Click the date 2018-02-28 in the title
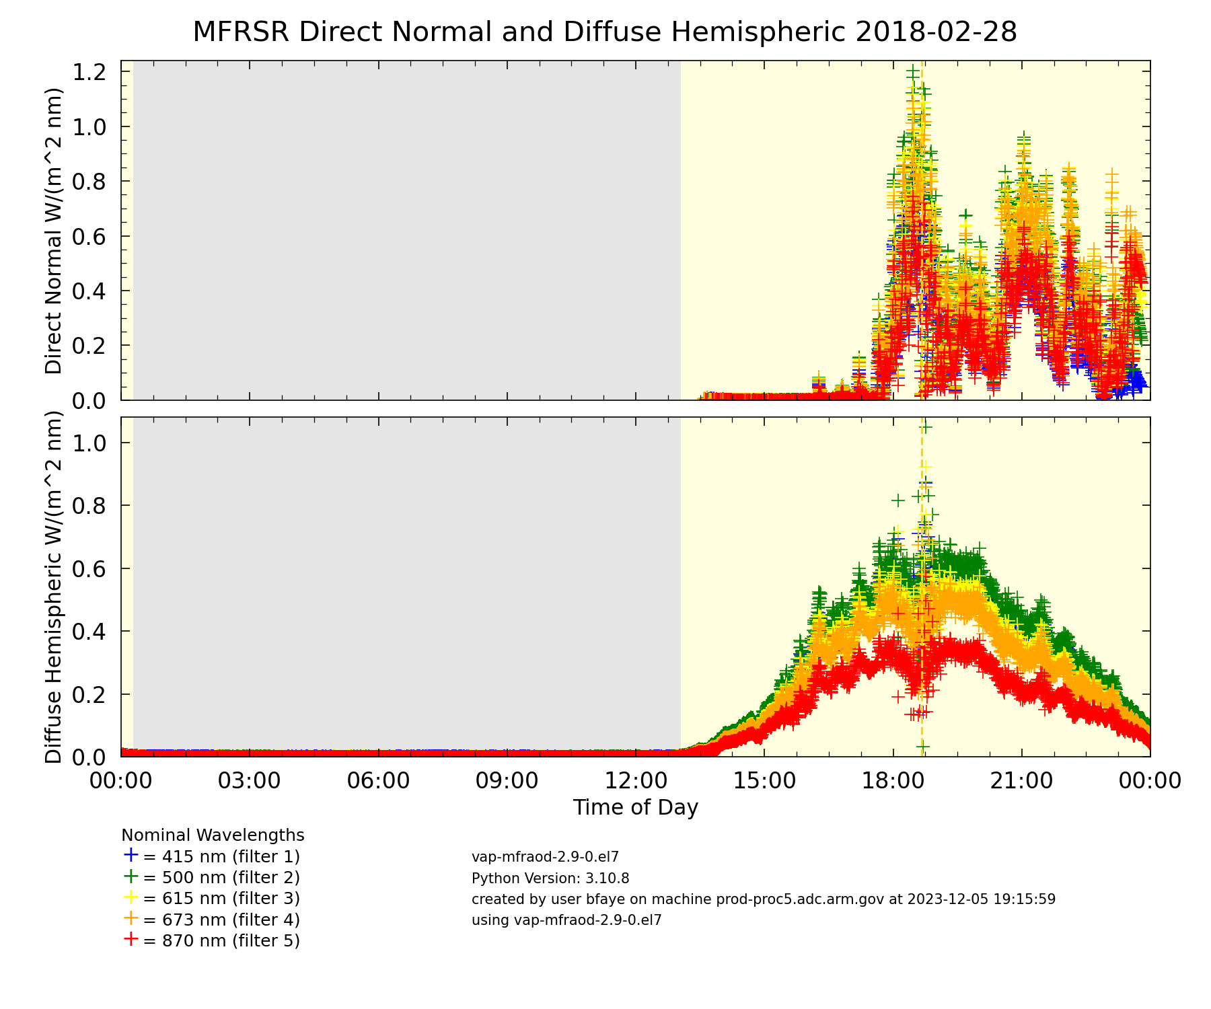tap(936, 32)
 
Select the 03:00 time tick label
tap(250, 781)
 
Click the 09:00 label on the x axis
tap(507, 781)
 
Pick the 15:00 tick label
tap(764, 781)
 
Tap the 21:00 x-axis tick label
tap(1021, 781)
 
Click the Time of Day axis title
tap(635, 807)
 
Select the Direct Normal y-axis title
tap(54, 231)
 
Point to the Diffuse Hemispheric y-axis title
tap(54, 587)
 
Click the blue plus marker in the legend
tap(131, 855)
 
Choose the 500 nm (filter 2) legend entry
tap(221, 878)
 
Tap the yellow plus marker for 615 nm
tap(131, 897)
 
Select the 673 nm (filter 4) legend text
tap(221, 920)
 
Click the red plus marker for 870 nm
tap(131, 939)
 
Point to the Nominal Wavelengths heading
tap(213, 835)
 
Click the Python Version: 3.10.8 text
tap(550, 879)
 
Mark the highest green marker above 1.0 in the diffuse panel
tap(926, 427)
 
